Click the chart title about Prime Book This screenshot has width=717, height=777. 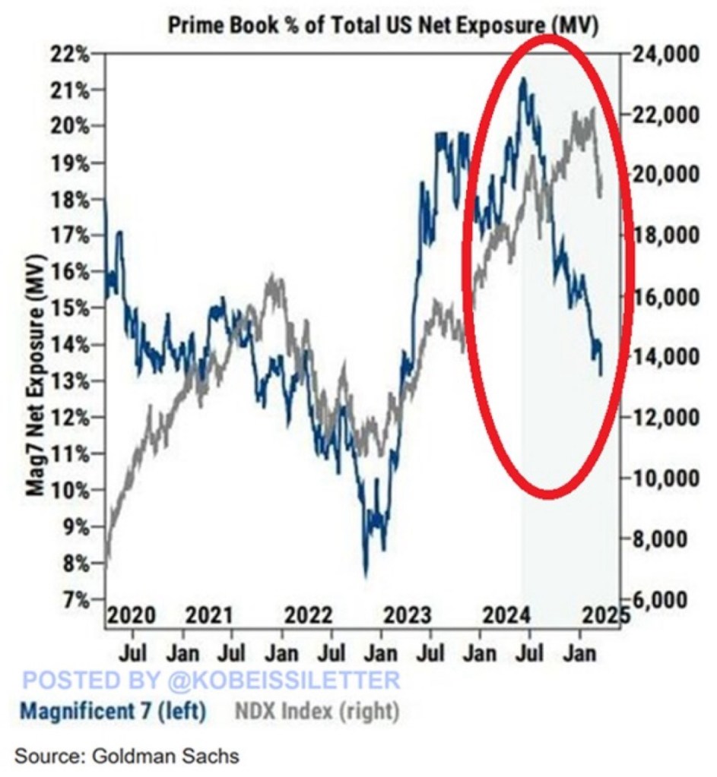coord(382,24)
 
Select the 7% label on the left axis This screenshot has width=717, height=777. coord(78,600)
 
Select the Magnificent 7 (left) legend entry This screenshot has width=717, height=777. coord(113,712)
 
